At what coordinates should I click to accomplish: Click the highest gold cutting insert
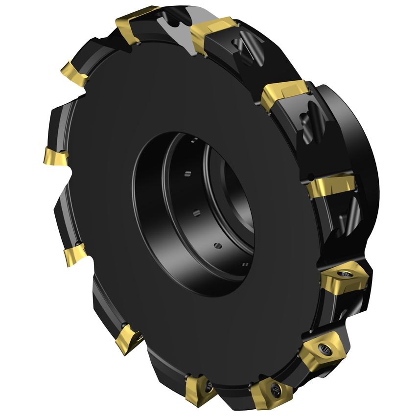[x=135, y=22]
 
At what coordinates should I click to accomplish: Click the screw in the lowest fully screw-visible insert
[x=275, y=389]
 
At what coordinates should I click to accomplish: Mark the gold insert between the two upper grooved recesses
[x=284, y=95]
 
